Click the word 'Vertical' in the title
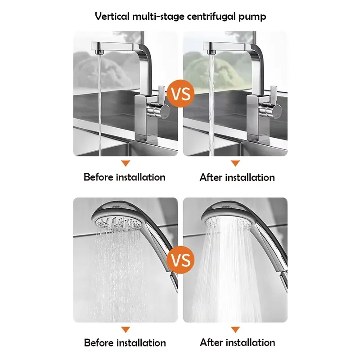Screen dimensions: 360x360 tap(112, 16)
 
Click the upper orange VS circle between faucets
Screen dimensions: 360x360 tap(181, 94)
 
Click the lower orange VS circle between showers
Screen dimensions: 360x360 tap(181, 260)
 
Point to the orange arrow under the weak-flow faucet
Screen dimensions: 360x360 tap(126, 163)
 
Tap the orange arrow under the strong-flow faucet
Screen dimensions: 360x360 tap(235, 163)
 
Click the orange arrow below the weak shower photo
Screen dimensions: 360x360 tap(126, 329)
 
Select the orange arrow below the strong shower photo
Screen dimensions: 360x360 tap(235, 329)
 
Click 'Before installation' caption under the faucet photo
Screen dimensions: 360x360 tap(125, 177)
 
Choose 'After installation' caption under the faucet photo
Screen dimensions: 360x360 tap(237, 177)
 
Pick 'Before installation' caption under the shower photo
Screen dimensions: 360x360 tap(125, 343)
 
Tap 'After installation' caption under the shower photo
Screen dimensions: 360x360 tap(238, 342)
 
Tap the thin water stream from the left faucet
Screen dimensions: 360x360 tap(99, 105)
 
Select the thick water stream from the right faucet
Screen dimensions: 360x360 tap(211, 105)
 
